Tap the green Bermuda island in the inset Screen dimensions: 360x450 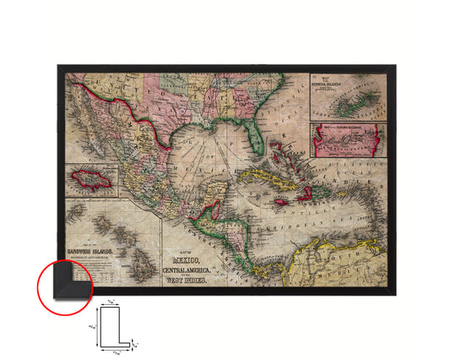347,107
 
